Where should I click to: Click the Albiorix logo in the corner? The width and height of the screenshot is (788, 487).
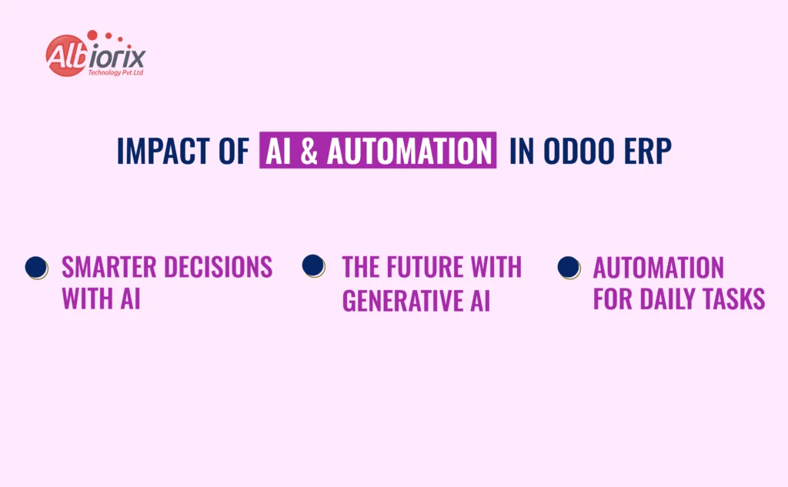[x=95, y=55]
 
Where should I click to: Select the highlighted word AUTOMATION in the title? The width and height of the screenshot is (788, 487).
[x=409, y=152]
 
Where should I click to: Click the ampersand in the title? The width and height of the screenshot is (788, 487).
[x=309, y=152]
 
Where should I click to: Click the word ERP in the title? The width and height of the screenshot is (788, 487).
[x=647, y=152]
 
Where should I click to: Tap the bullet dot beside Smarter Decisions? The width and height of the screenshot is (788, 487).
[x=36, y=267]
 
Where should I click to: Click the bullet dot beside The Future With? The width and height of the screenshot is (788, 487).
[x=313, y=266]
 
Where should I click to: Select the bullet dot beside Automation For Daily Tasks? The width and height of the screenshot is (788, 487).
[x=569, y=267]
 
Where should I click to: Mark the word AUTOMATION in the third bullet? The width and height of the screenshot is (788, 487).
[x=658, y=268]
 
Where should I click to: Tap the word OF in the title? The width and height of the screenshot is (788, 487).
[x=233, y=152]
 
